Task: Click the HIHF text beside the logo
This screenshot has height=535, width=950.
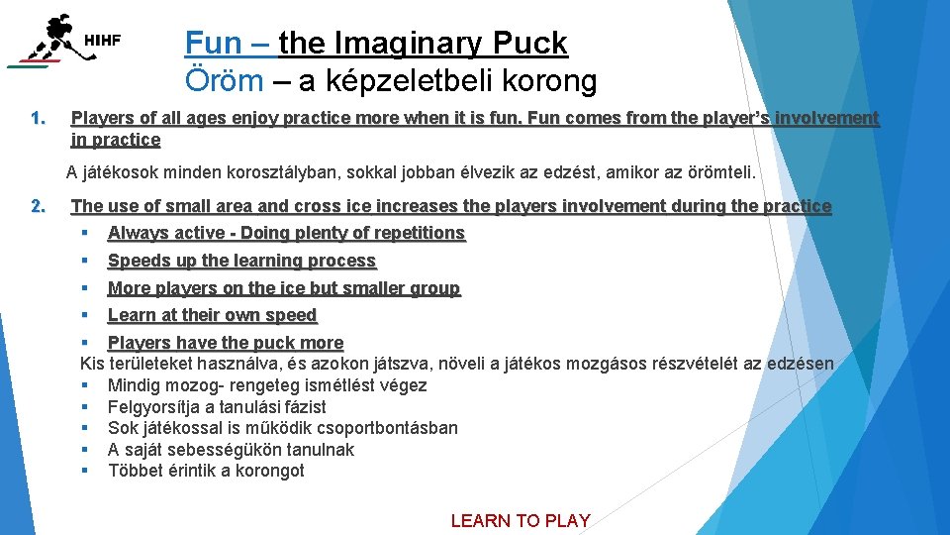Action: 103,41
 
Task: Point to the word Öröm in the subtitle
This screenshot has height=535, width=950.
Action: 224,80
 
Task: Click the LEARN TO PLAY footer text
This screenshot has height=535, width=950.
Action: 521,520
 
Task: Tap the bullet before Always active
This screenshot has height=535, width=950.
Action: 86,233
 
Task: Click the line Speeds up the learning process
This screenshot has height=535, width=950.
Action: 241,261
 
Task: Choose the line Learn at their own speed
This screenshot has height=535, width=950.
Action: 212,315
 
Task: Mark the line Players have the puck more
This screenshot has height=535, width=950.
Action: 225,343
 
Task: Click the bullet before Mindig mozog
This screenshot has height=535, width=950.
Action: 86,385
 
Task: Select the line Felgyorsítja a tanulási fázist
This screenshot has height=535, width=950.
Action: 217,407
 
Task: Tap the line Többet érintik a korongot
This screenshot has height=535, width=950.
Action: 206,471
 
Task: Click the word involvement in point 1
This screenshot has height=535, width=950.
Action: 826,119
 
